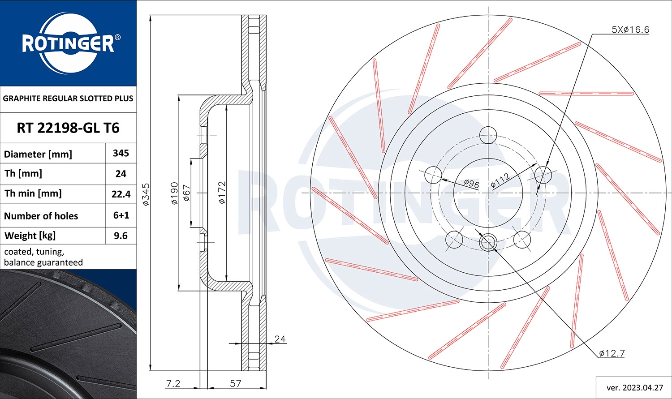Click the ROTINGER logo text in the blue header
coord(68,44)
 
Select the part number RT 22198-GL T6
coord(68,128)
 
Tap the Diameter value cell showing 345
coord(121,153)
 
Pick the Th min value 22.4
coord(121,194)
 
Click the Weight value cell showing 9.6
coord(121,236)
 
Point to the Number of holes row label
coord(41,216)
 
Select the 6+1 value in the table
coord(121,215)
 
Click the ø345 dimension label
coord(146,194)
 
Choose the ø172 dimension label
coord(222,193)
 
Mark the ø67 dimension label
coord(187,194)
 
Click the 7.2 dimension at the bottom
coord(173,383)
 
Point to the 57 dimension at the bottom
coord(235,383)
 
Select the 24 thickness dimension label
coord(280,339)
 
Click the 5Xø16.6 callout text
coord(630,30)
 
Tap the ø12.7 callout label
coord(612,353)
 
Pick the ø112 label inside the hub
coord(500,180)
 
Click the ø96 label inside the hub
coord(471,183)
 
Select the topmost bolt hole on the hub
coord(488,134)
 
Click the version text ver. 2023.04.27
coord(634,387)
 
